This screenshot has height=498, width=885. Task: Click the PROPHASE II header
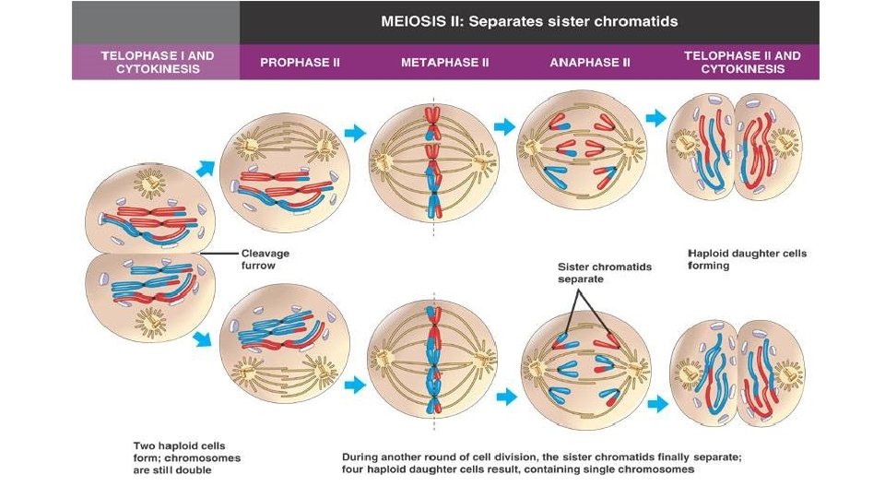click(x=300, y=63)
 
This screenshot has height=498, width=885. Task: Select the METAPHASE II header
click(x=444, y=63)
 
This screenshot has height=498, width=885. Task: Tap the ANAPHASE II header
click(x=590, y=63)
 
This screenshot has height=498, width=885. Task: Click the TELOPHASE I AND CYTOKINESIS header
click(x=157, y=62)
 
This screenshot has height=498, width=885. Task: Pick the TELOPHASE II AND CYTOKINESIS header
click(x=742, y=62)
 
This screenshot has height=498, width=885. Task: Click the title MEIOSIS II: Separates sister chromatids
click(x=529, y=21)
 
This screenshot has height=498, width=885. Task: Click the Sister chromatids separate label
click(x=604, y=273)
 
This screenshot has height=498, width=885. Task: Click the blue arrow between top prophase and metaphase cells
click(x=355, y=134)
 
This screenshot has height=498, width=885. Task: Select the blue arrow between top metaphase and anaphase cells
click(x=504, y=126)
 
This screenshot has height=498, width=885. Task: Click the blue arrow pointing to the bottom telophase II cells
click(x=657, y=403)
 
